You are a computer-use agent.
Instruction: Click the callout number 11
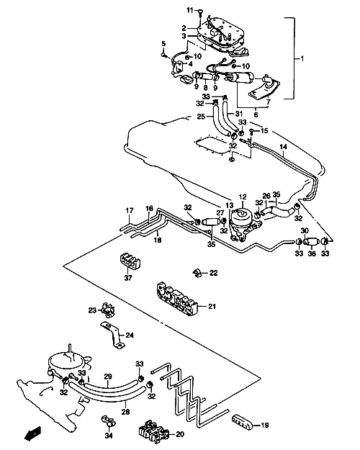point(190,11)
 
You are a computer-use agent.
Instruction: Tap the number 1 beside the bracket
point(302,58)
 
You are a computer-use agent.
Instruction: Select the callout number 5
point(163,44)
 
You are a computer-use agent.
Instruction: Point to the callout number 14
point(283,147)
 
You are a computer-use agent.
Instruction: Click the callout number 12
point(243,197)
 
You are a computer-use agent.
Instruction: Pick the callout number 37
point(128,278)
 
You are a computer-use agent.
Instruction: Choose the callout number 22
point(213,273)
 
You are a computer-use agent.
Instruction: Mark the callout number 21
point(212,307)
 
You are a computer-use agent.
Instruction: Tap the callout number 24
point(130,335)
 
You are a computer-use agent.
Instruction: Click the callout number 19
point(265,425)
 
